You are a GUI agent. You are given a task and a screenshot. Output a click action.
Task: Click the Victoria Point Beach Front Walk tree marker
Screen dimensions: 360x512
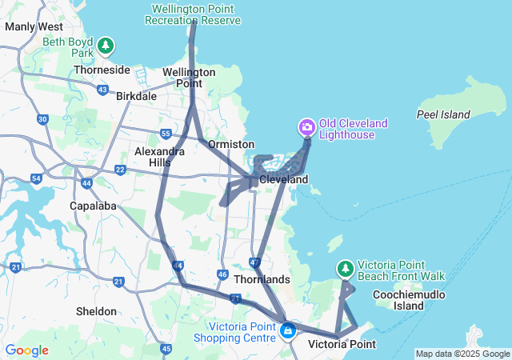pos(346,268)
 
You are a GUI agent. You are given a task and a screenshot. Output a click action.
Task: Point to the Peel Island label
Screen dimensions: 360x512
pos(442,114)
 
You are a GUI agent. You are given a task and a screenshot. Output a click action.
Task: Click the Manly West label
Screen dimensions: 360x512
pos(34,26)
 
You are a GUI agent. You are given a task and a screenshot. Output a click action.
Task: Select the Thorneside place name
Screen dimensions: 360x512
pos(102,70)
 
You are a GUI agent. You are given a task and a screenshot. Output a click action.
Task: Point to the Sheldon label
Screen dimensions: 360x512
pos(96,311)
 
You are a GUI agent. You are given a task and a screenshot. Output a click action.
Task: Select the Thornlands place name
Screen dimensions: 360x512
pos(262,279)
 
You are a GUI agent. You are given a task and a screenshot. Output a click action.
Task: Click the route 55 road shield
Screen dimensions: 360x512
pos(166,134)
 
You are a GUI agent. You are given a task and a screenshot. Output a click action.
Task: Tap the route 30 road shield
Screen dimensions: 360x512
pos(43,119)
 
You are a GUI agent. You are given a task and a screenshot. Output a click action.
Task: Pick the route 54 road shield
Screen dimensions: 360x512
pos(37,178)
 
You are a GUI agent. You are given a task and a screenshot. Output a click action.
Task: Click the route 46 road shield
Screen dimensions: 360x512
pos(222,274)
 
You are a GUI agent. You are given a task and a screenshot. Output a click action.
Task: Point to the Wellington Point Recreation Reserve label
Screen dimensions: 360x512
pos(195,14)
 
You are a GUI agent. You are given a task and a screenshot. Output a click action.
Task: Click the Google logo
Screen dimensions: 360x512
pos(26,350)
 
